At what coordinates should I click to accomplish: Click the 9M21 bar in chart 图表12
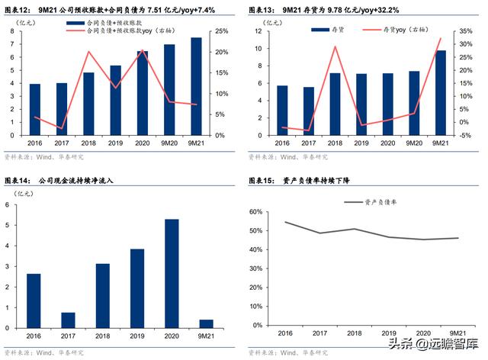pyautogui.click(x=196, y=86)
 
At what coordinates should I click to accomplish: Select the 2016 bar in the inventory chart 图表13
pyautogui.click(x=282, y=111)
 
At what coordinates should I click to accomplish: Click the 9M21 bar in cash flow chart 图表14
pyautogui.click(x=206, y=324)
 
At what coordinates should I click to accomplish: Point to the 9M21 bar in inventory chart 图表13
pyautogui.click(x=440, y=93)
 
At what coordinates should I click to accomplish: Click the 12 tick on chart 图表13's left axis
pyautogui.click(x=260, y=31)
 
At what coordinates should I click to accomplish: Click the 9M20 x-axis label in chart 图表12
pyautogui.click(x=169, y=143)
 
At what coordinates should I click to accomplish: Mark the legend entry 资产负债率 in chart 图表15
pyautogui.click(x=377, y=202)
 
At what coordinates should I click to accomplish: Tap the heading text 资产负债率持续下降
pyautogui.click(x=321, y=181)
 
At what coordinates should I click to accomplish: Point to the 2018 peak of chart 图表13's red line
pyautogui.click(x=335, y=47)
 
